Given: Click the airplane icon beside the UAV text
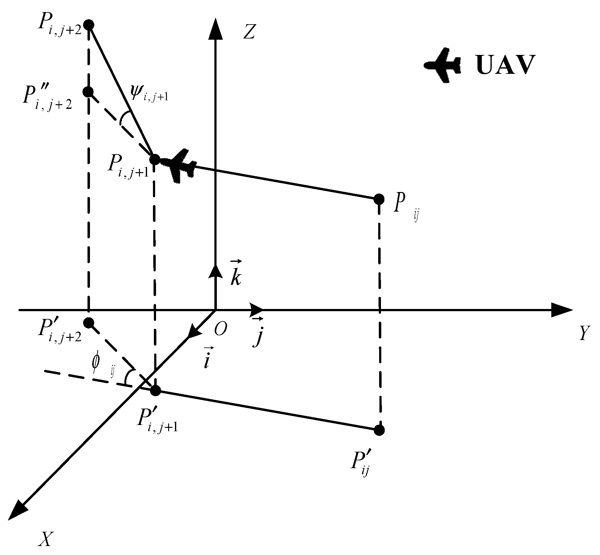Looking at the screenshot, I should coord(442,65).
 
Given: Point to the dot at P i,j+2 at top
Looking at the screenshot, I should coord(89,25).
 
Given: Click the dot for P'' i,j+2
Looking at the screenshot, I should coord(88,92).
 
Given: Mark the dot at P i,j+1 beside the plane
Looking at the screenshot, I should coord(154,160).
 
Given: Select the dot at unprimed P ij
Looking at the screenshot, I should coord(379,199).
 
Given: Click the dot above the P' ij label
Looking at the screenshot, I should coord(379,430).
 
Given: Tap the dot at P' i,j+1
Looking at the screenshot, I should coord(155,391).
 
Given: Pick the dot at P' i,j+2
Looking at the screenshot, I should coord(89,323).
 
